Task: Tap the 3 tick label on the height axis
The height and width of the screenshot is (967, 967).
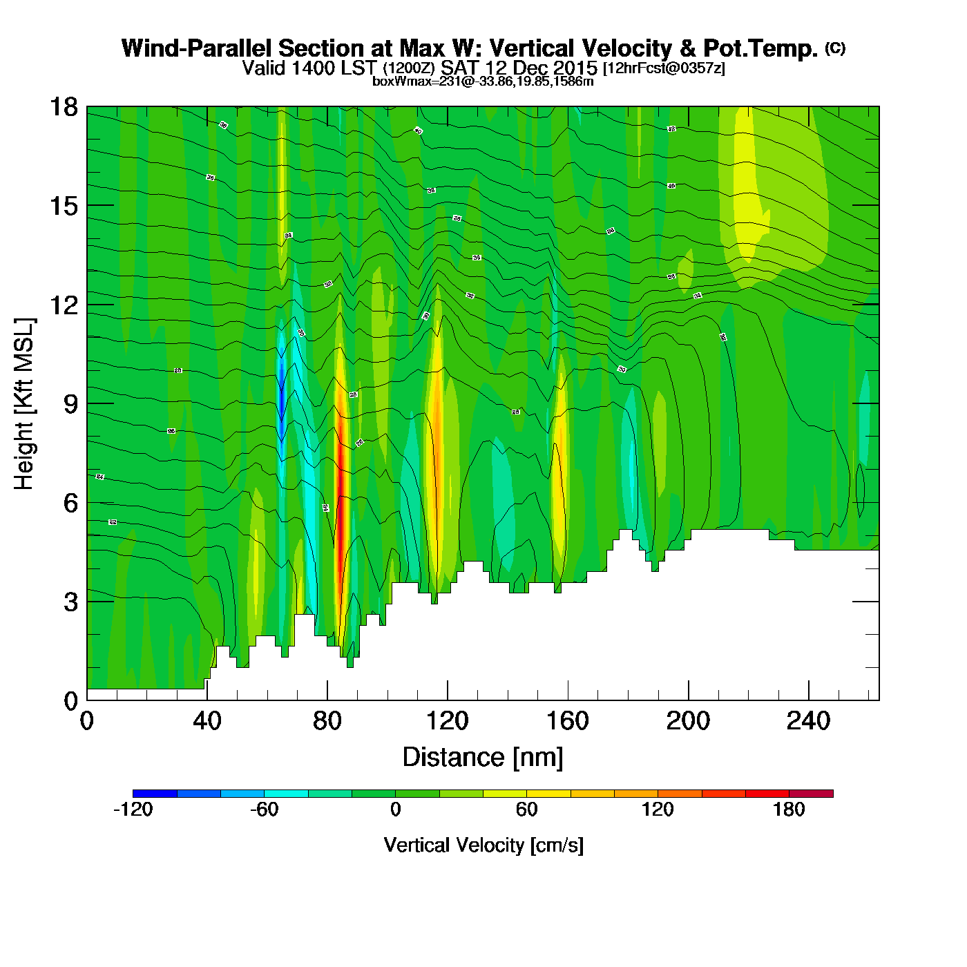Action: pyautogui.click(x=71, y=602)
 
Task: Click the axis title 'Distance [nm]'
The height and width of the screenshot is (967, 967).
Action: pyautogui.click(x=483, y=758)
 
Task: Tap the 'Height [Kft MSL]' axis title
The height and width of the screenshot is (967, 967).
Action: pyautogui.click(x=24, y=404)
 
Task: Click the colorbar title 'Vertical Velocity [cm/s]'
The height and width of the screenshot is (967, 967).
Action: pyautogui.click(x=483, y=845)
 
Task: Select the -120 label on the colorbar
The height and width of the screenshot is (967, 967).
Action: pyautogui.click(x=133, y=810)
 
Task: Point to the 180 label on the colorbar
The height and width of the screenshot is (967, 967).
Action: pyautogui.click(x=789, y=810)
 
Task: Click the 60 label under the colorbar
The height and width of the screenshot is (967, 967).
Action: pyautogui.click(x=526, y=810)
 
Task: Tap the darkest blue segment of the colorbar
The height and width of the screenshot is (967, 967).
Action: pyautogui.click(x=155, y=794)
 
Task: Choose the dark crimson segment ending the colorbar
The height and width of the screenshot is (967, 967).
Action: pyautogui.click(x=811, y=794)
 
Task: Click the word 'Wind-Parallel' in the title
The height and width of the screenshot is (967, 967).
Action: pyautogui.click(x=198, y=48)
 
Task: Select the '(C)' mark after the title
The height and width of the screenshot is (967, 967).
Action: pyautogui.click(x=835, y=48)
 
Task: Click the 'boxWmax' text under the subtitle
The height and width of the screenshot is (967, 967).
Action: pyautogui.click(x=394, y=82)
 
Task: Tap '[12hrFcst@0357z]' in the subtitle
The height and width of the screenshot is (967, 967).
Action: pyautogui.click(x=664, y=68)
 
